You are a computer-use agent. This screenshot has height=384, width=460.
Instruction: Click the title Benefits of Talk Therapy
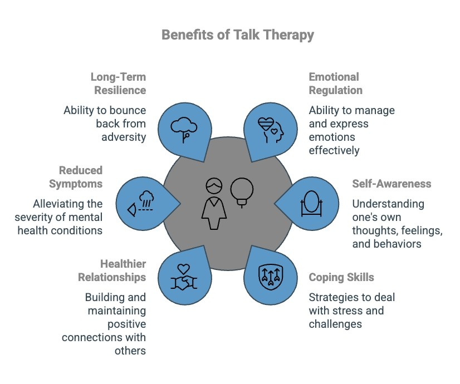(238, 35)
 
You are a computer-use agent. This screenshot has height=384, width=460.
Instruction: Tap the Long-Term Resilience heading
(119, 83)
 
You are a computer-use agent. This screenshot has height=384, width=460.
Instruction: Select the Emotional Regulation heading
(335, 83)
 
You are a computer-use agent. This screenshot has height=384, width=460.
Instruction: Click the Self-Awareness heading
(392, 184)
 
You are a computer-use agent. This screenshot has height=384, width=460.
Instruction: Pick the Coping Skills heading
(341, 277)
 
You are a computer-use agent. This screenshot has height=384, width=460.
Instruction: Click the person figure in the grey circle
(213, 203)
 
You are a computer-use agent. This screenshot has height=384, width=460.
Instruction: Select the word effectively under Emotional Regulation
(334, 150)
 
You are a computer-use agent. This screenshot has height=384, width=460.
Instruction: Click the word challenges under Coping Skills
(335, 324)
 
